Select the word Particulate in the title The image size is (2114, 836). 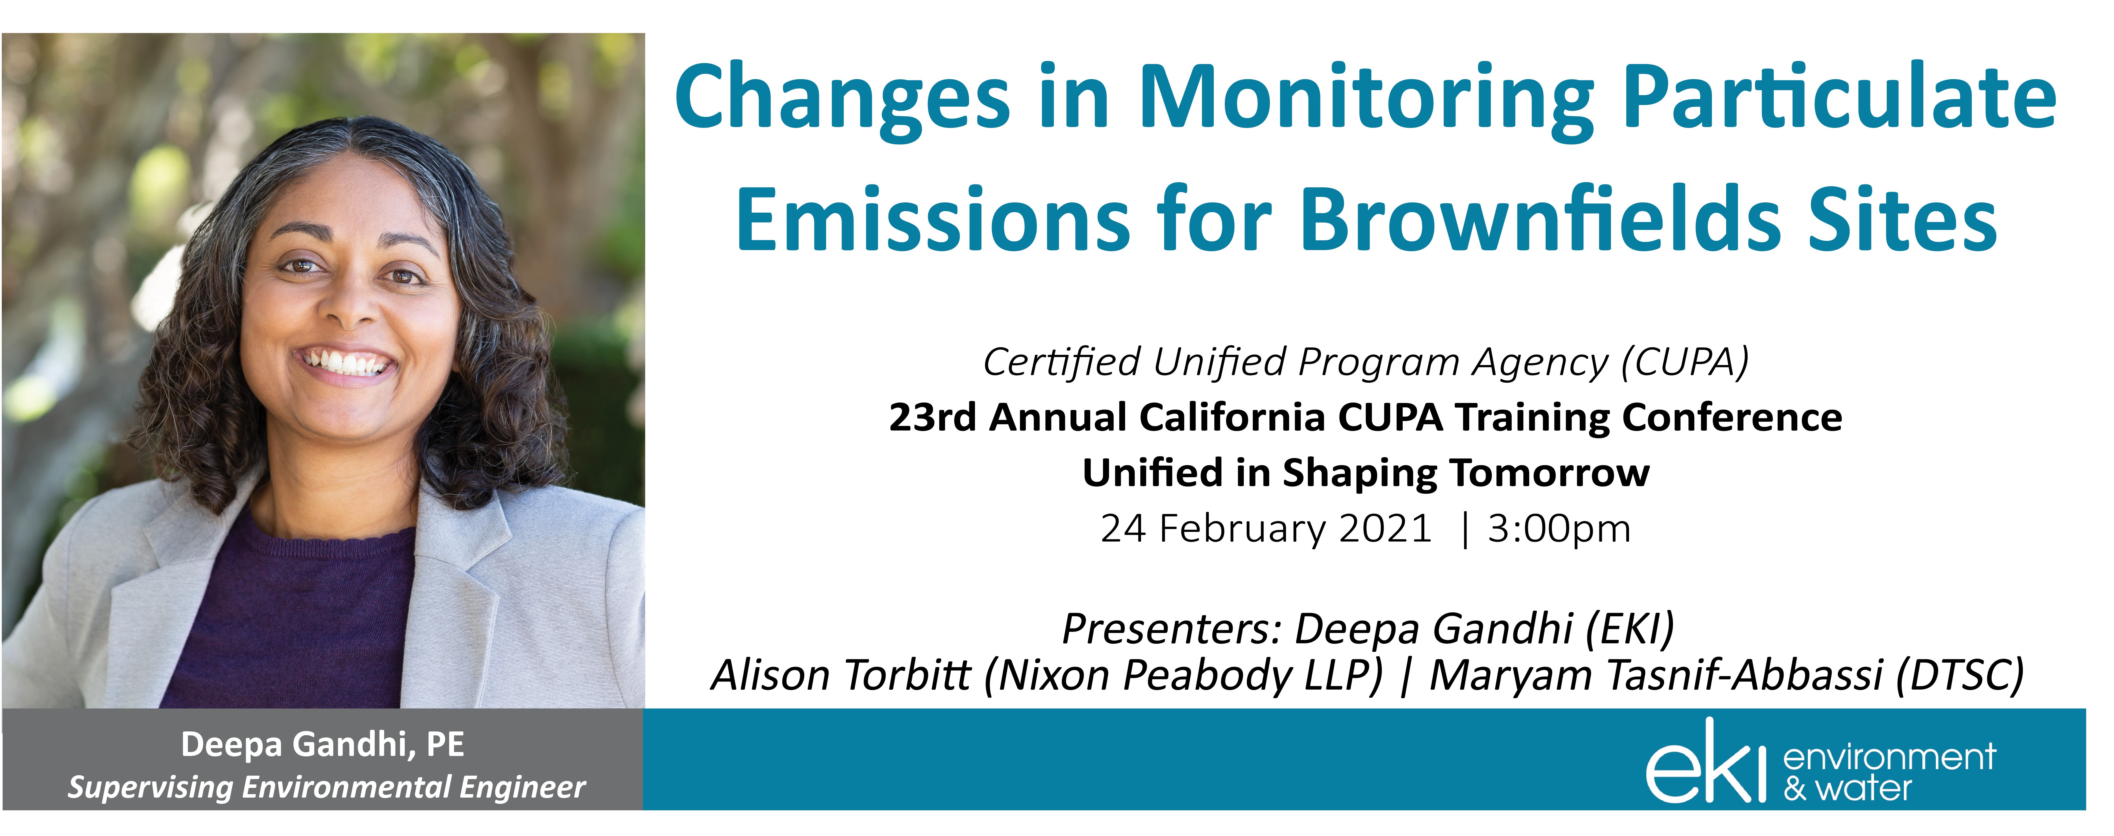pyautogui.click(x=1840, y=99)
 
